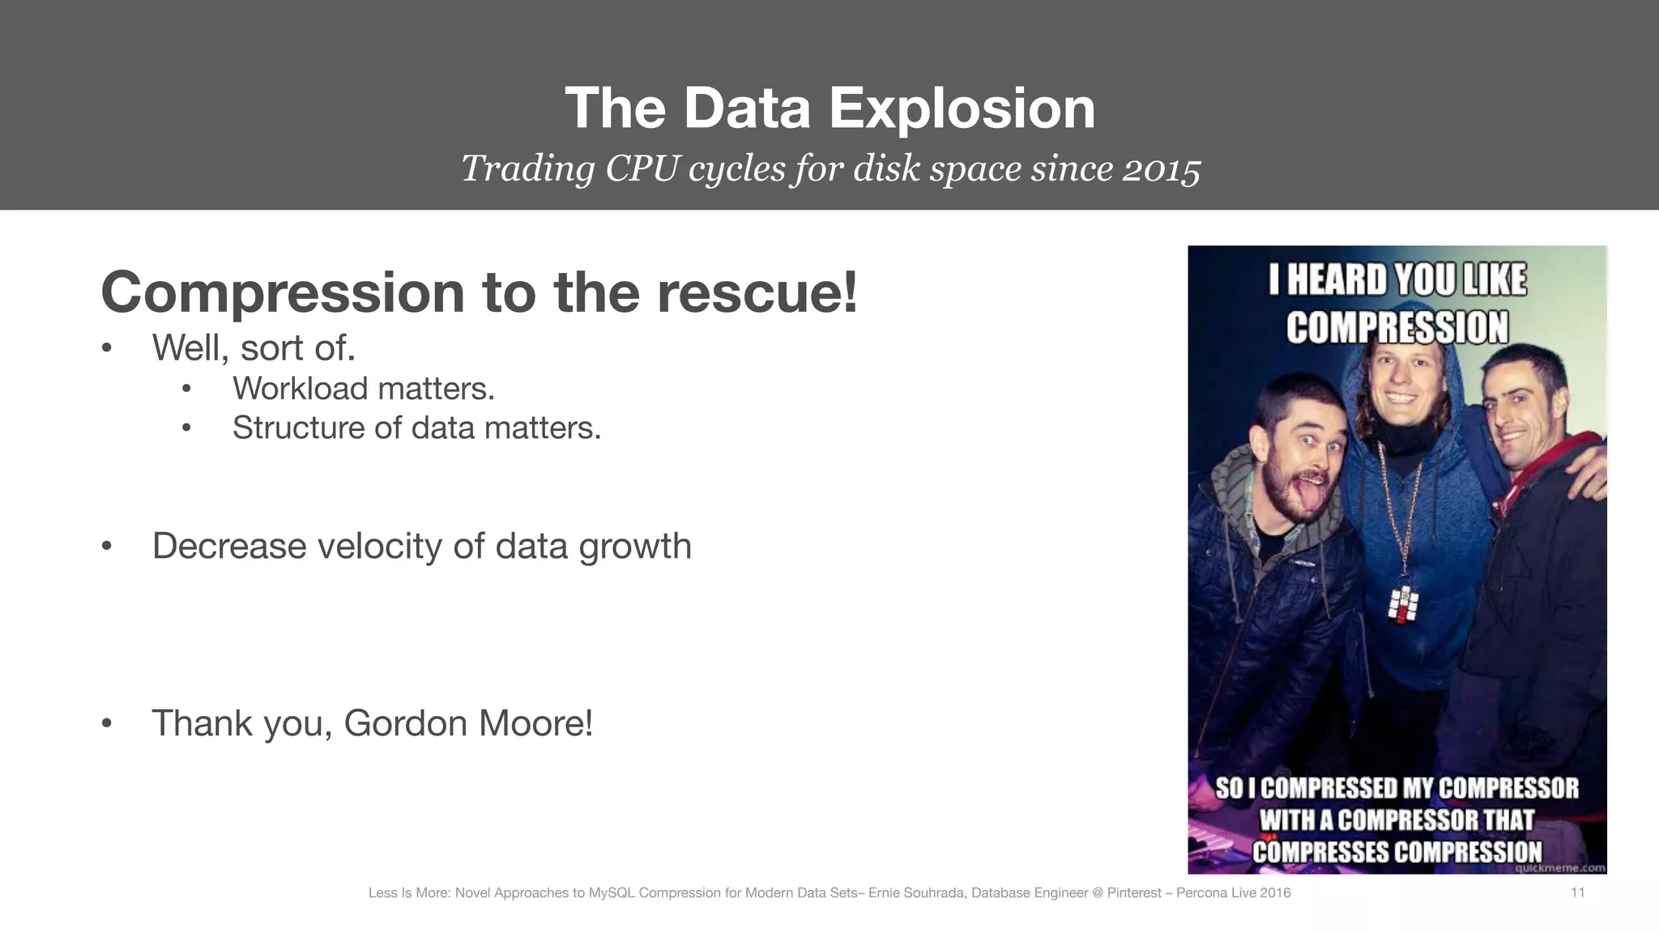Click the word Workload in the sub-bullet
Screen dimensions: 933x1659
coord(301,389)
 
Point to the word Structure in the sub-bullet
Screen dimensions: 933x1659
coord(299,428)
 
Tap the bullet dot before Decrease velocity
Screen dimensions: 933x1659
coord(106,547)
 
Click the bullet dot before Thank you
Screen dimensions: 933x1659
coord(106,723)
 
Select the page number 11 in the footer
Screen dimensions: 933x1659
coord(1577,893)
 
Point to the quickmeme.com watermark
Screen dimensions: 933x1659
coord(1559,868)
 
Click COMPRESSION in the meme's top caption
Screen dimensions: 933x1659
coord(1397,328)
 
